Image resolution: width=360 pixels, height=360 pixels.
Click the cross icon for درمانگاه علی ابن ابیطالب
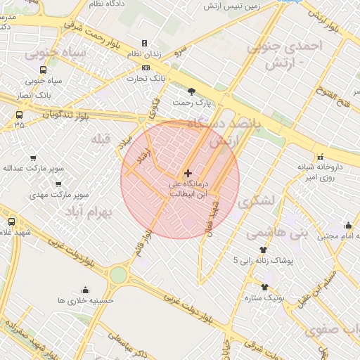tap(188, 172)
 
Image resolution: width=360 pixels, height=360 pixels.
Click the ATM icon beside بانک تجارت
tap(146, 67)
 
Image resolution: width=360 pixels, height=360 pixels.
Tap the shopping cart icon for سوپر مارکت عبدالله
tap(33, 158)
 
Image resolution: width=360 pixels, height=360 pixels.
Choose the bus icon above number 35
tap(18, 114)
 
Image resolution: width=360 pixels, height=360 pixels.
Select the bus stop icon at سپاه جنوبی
tap(44, 70)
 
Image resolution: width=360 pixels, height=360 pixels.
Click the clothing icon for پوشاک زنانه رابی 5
tap(264, 250)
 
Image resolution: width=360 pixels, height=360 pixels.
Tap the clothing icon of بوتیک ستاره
tap(265, 286)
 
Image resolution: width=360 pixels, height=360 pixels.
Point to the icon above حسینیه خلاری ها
tap(86, 289)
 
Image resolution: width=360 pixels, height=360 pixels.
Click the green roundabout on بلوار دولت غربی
tap(118, 274)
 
